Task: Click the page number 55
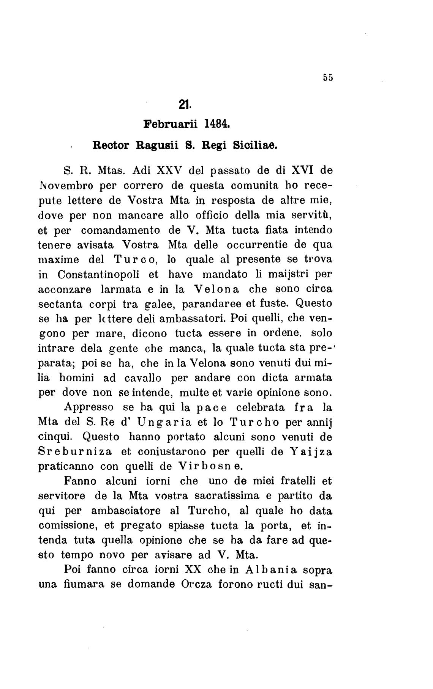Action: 328,77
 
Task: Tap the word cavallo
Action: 143,378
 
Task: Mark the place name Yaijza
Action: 311,451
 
